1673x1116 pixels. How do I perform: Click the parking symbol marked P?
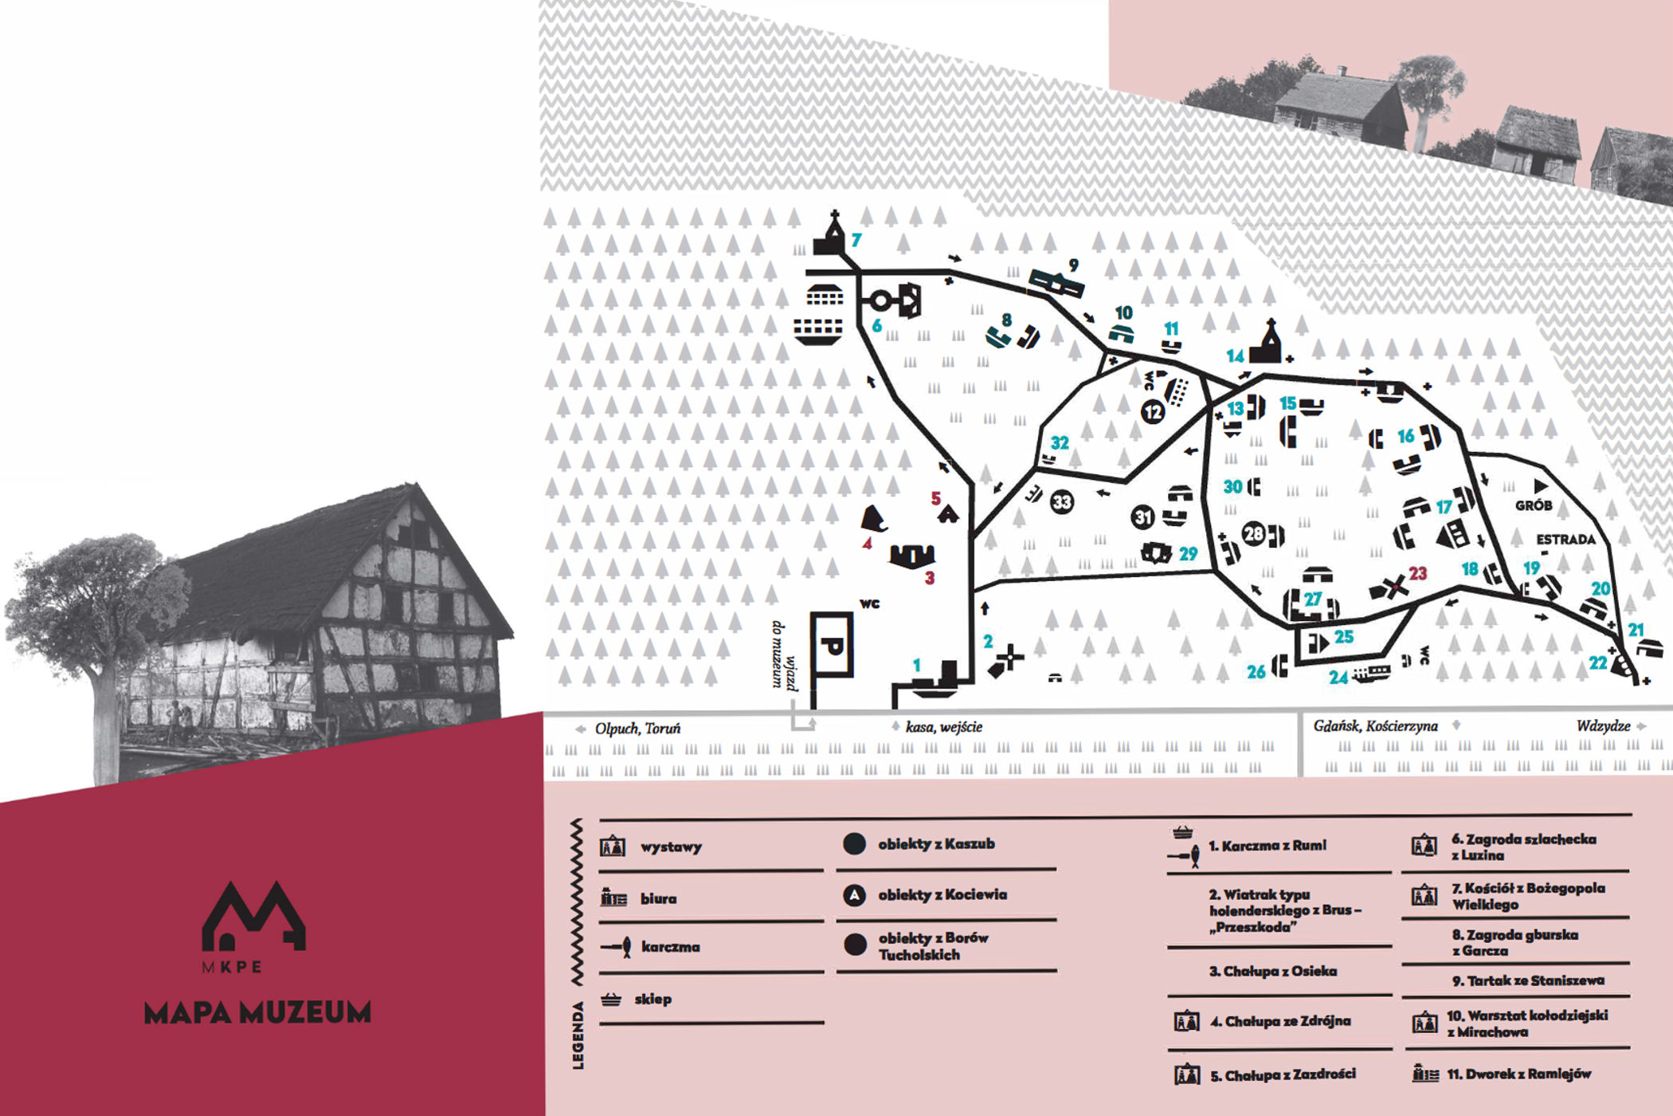pos(832,645)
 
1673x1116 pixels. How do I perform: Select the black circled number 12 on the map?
pos(1153,412)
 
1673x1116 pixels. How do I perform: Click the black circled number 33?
pos(1061,502)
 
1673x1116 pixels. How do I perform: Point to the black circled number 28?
pos(1254,533)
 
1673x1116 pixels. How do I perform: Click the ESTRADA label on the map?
pos(1565,540)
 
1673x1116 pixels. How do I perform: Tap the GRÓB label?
pos(1534,505)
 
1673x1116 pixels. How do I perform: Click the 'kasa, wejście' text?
pos(943,727)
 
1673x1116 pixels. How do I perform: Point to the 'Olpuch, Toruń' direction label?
pos(637,729)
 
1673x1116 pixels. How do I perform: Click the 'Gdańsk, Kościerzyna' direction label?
pos(1375,726)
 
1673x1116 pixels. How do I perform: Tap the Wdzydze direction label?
pos(1603,726)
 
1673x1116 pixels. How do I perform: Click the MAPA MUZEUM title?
pos(257,1012)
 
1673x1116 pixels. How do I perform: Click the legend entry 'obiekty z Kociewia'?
pos(942,895)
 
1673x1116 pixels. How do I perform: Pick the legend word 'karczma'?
pos(670,947)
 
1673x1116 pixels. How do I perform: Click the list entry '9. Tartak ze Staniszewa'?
pos(1527,980)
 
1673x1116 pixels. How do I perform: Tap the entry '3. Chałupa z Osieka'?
pos(1272,971)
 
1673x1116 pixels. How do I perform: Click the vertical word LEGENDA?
pos(578,1035)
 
